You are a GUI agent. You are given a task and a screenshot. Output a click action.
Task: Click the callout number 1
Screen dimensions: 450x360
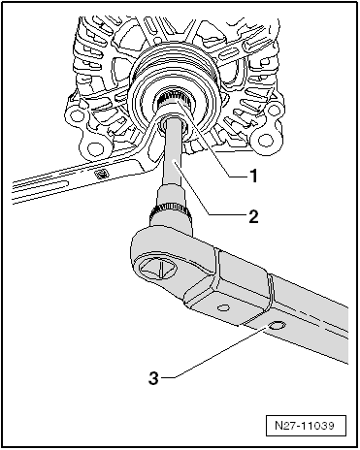[x=253, y=176]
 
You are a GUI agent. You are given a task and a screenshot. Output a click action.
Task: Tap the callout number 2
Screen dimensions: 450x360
[x=253, y=216]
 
